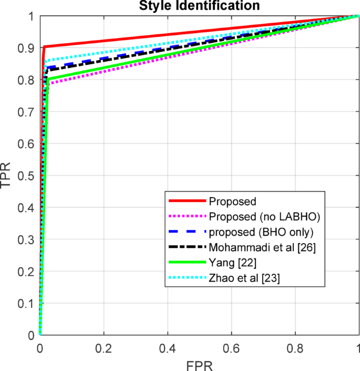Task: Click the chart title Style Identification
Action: coord(199,6)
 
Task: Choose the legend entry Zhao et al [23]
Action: coord(244,279)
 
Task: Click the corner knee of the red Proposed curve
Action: coord(44,47)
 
